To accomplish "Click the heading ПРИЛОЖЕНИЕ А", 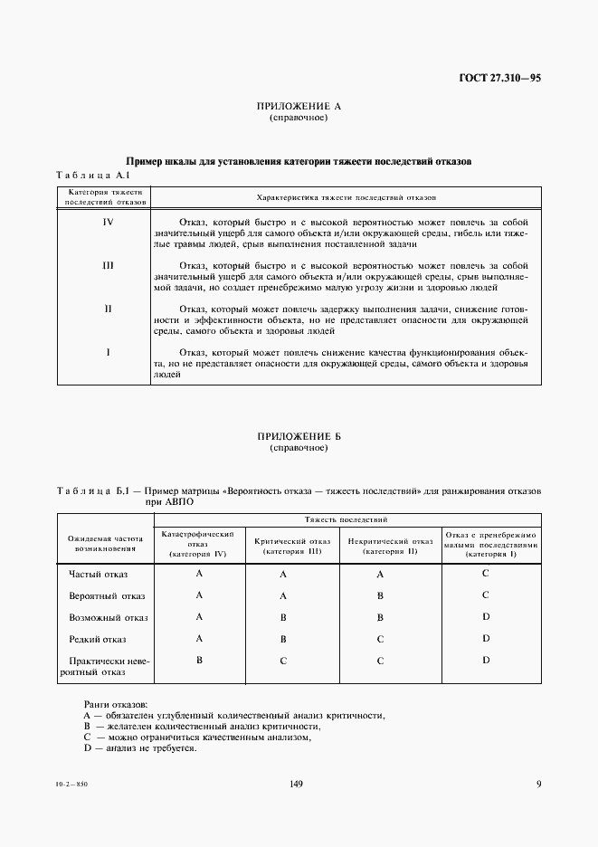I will [299, 107].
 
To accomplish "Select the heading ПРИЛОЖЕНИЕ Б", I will [299, 436].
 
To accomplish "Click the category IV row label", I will [108, 221].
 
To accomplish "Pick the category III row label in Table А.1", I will [108, 265].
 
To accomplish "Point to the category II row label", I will [108, 309].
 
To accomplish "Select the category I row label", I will [108, 352].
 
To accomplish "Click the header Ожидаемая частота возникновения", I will [107, 543].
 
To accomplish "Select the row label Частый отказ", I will [99, 574].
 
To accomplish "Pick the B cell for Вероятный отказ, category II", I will [381, 596].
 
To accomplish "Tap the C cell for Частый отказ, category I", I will [486, 574].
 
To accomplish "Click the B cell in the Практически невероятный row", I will [198, 661].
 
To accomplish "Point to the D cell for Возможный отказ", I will [486, 617].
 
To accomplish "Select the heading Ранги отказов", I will [116, 704].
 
